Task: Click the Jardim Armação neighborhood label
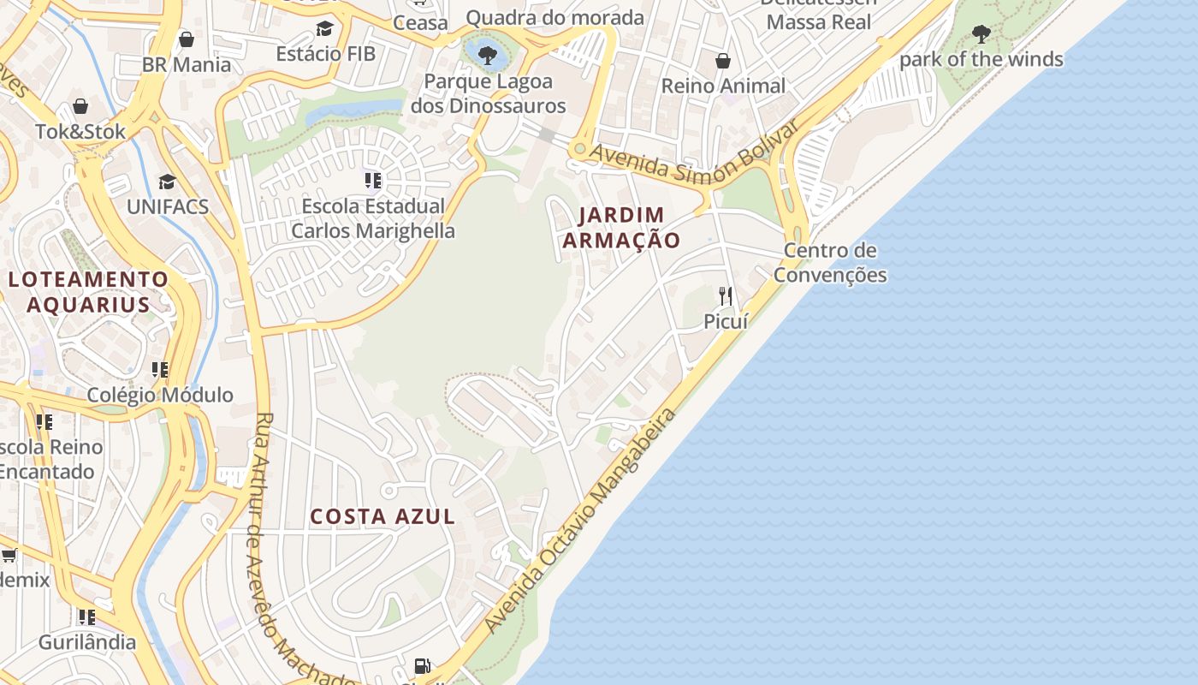621,228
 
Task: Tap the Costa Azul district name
383,516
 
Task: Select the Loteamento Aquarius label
89,291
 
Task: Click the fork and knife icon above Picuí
726,296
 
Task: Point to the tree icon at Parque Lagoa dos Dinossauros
488,56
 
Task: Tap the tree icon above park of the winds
982,34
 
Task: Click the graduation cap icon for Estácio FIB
324,29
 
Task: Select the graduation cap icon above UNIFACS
167,182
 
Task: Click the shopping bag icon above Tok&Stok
80,106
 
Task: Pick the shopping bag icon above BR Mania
187,39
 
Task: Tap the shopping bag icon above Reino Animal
723,61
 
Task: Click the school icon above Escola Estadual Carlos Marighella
373,181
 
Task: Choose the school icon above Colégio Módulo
160,370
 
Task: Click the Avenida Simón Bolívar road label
694,156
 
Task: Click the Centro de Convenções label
830,263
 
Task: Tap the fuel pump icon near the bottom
422,665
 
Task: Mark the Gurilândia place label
87,641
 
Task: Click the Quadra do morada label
555,17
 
